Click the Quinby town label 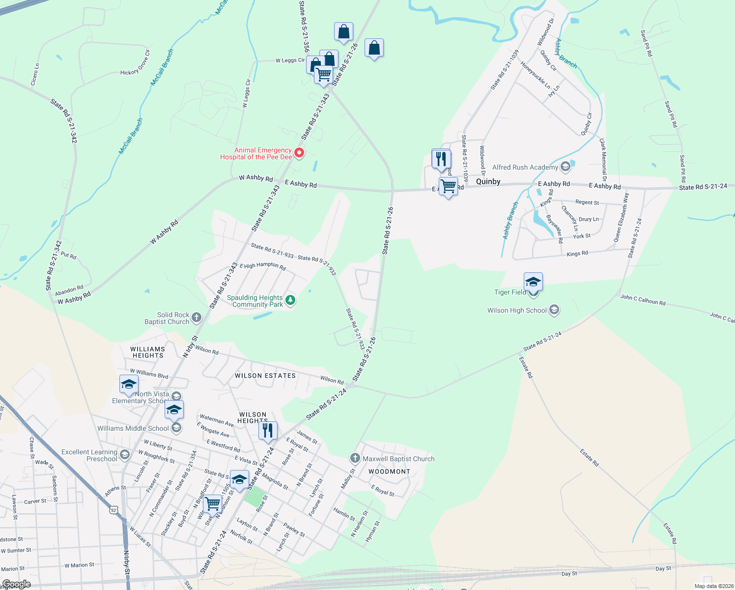coord(488,181)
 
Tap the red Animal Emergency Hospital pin coord(299,153)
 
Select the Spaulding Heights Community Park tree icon coord(290,300)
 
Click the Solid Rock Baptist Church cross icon coord(197,318)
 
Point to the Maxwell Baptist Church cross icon coord(355,458)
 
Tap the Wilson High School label coord(517,310)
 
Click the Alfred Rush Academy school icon coord(565,167)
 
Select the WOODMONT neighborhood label coord(389,472)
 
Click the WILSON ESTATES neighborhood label coord(265,376)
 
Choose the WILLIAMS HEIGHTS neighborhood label coord(148,352)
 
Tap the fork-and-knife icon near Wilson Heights coord(268,430)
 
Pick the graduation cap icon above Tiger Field coord(533,282)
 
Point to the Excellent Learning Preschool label coord(89,455)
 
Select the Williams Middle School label coord(133,428)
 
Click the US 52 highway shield coord(114,510)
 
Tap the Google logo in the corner coord(16,584)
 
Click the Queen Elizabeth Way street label coord(621,217)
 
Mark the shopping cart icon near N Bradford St coord(213,503)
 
